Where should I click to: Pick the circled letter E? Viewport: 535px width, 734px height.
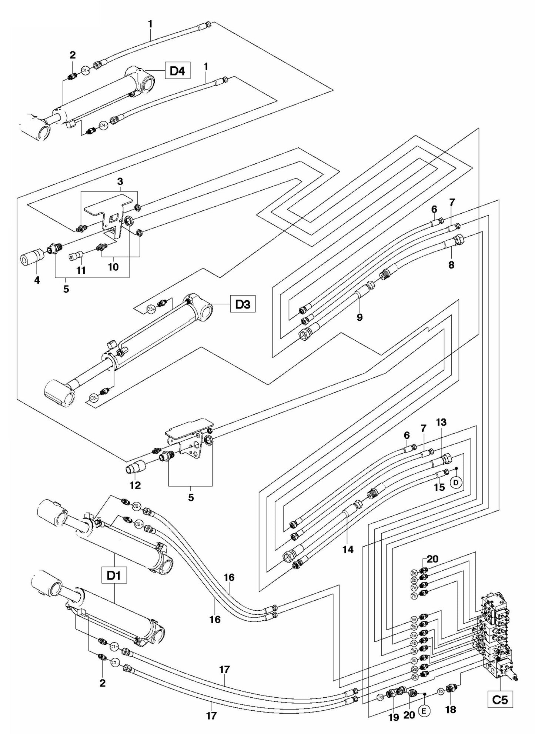(x=424, y=710)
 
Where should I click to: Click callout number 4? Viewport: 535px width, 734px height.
(x=37, y=280)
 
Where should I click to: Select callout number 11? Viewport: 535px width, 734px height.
(x=81, y=271)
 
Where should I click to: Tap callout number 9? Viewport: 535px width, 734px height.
(x=359, y=317)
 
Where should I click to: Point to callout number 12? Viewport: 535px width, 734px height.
(x=136, y=485)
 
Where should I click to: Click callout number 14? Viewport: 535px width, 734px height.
(x=348, y=550)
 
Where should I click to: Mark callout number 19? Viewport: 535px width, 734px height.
(x=394, y=717)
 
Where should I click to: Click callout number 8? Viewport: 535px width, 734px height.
(x=451, y=265)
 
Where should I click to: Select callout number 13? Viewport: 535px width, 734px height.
(x=441, y=422)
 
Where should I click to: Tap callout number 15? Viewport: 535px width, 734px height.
(x=439, y=487)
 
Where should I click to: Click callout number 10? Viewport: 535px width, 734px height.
(x=113, y=267)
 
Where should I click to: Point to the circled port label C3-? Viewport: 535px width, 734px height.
(x=94, y=398)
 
